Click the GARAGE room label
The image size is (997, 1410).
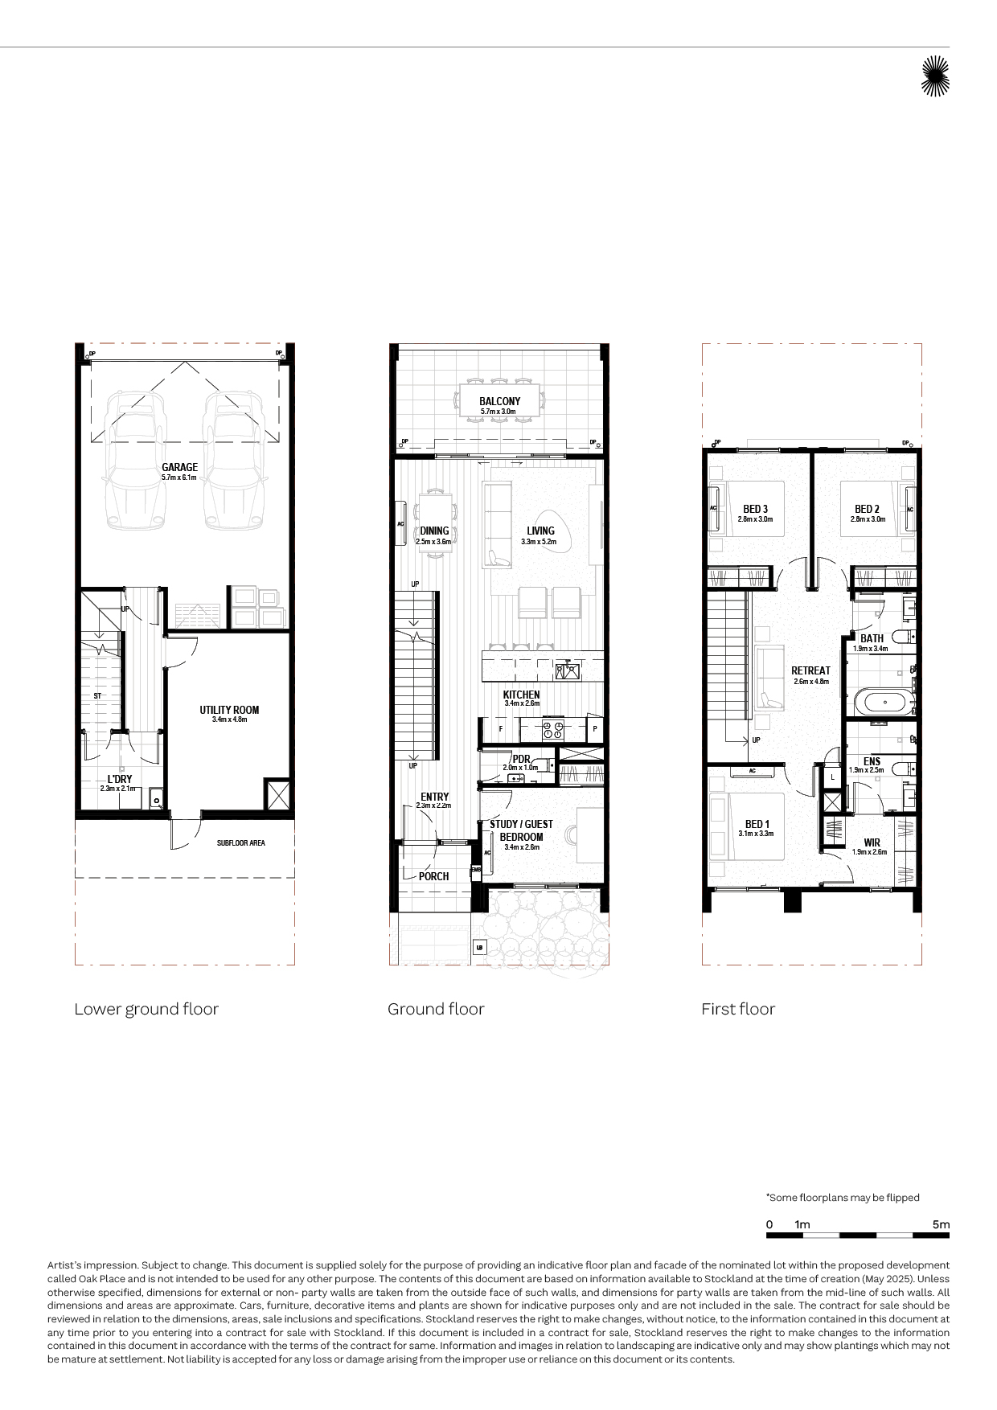(x=179, y=467)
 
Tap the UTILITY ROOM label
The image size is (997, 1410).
(x=229, y=710)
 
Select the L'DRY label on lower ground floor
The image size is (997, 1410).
(x=120, y=779)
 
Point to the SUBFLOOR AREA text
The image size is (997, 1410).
(x=240, y=843)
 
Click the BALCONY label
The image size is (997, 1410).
(x=499, y=401)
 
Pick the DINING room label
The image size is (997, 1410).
(x=434, y=531)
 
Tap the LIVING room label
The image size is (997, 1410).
(x=540, y=531)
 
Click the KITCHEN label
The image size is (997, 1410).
(x=521, y=695)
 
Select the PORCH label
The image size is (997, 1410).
(x=433, y=876)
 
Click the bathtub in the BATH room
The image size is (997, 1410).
(x=884, y=702)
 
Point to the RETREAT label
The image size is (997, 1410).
(x=810, y=670)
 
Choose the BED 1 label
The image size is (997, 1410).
(x=757, y=824)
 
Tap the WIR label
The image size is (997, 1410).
(x=872, y=843)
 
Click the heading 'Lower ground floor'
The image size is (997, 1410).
(x=146, y=1010)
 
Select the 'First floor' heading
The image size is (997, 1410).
(x=738, y=1009)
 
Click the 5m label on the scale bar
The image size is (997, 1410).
(x=941, y=1224)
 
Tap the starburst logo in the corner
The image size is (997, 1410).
(x=935, y=76)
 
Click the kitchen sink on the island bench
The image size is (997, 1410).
(x=567, y=671)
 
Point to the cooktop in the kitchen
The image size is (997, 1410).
(x=553, y=730)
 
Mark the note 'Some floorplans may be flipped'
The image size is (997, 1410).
(x=843, y=1198)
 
